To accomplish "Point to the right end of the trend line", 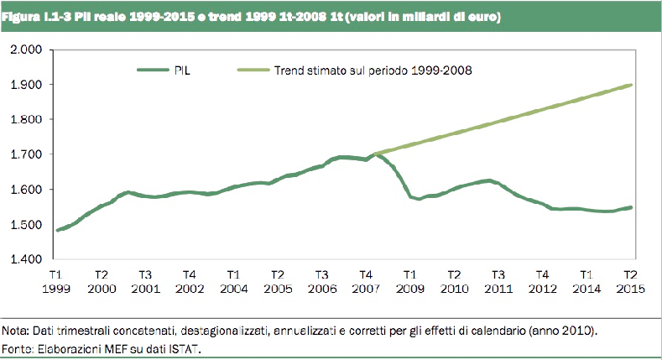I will pyautogui.click(x=632, y=85).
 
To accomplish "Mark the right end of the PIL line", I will pyautogui.click(x=632, y=206).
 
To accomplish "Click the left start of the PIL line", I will pyautogui.click(x=57, y=229).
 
